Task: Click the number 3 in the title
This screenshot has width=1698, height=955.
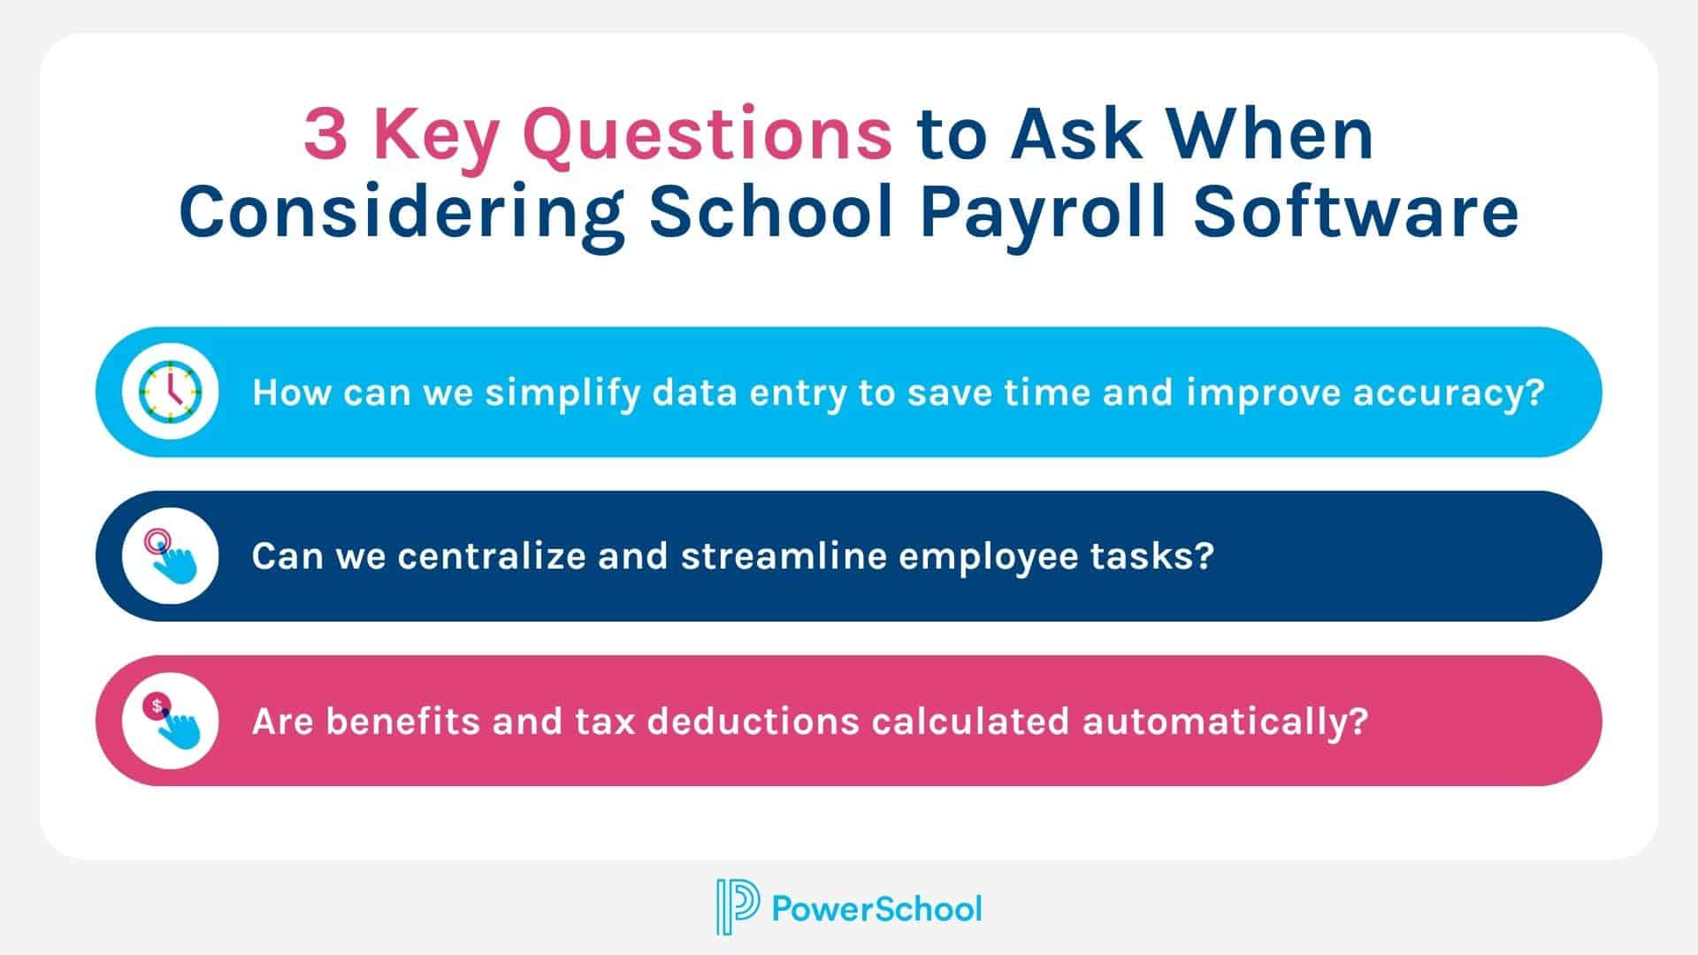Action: click(x=325, y=134)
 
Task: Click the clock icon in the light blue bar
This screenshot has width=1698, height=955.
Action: click(x=171, y=392)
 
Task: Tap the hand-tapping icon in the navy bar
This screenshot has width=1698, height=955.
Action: click(x=171, y=556)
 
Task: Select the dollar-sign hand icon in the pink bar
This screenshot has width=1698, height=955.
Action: click(x=171, y=721)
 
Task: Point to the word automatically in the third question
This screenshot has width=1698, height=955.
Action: click(x=1225, y=721)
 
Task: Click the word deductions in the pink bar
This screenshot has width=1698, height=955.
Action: click(x=753, y=721)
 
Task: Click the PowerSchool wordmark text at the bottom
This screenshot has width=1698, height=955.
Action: click(x=876, y=908)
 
